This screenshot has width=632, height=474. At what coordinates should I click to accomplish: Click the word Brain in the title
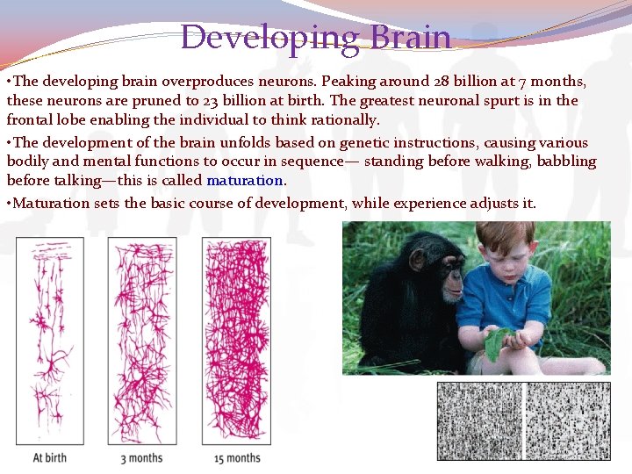click(x=411, y=38)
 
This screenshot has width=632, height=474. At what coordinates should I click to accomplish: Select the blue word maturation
click(x=245, y=182)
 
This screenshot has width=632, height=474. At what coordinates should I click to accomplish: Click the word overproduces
click(x=205, y=81)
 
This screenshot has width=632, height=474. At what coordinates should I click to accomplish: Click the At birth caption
click(x=50, y=457)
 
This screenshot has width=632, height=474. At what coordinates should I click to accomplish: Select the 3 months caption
click(x=141, y=457)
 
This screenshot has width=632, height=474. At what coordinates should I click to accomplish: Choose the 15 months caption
click(x=237, y=457)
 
